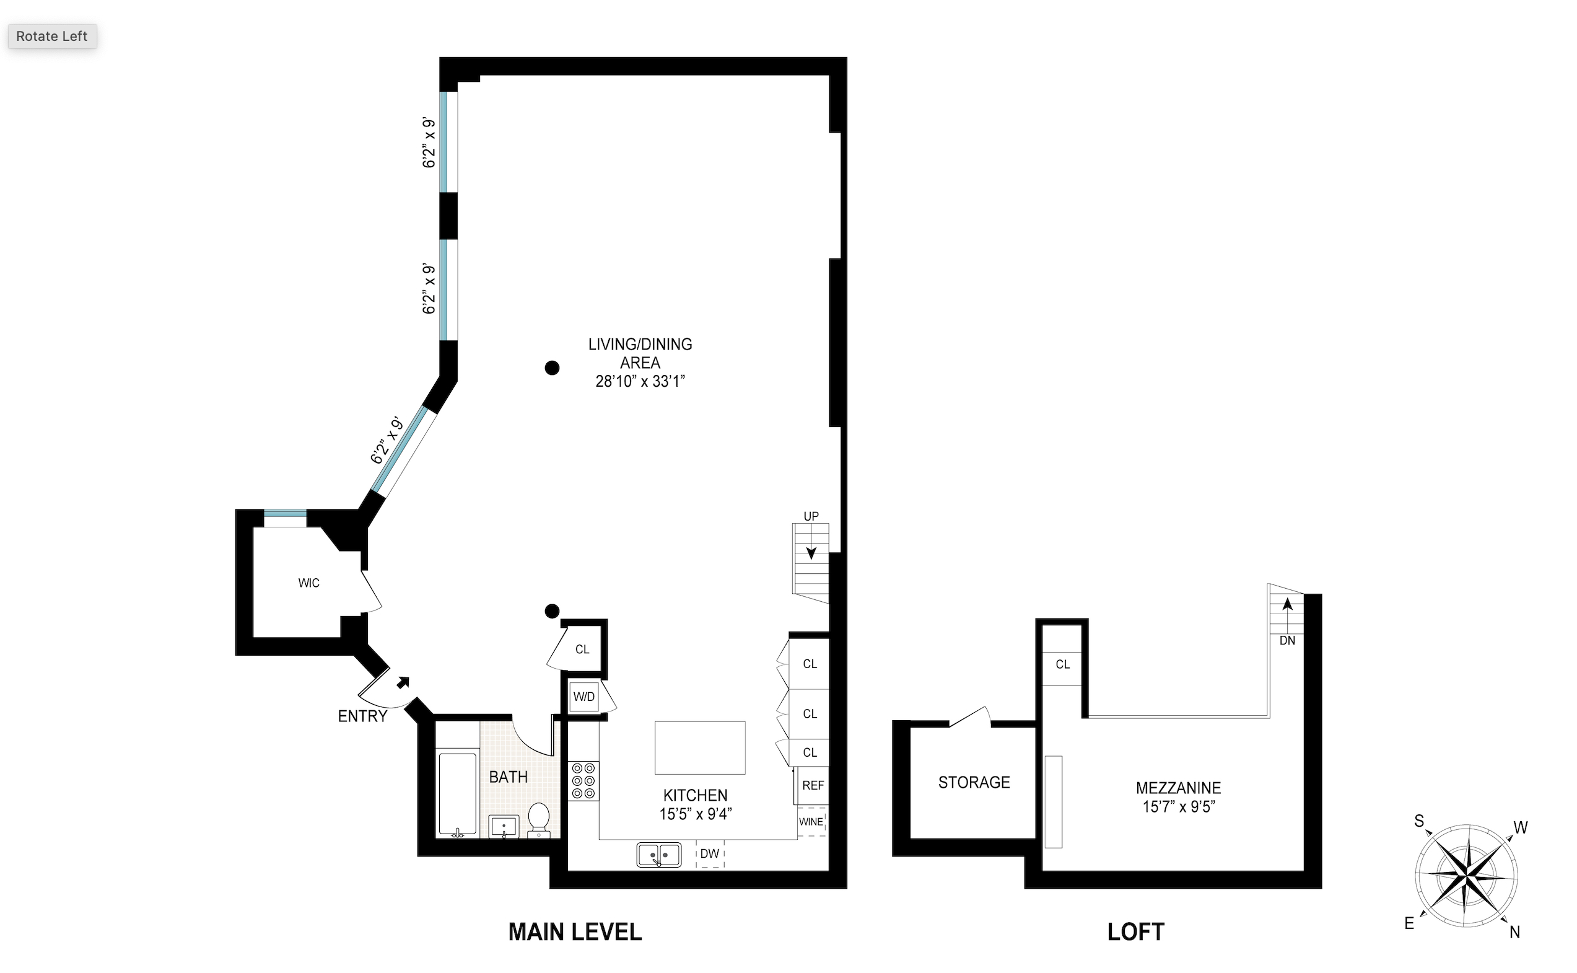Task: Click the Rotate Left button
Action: coord(52,36)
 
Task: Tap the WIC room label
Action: coord(308,583)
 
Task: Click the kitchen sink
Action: coord(658,855)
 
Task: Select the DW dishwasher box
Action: coord(710,854)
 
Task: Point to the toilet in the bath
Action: coord(538,820)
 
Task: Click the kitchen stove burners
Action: coord(583,781)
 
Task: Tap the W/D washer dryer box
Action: coord(584,697)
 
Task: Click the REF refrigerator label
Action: coord(813,786)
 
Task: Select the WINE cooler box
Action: coord(811,822)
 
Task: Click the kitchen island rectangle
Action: coord(700,747)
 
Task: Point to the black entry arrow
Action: coord(403,683)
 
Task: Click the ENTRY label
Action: coord(363,716)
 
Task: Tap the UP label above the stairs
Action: coord(811,516)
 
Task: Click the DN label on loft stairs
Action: coord(1287,640)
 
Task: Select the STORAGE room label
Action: coord(974,783)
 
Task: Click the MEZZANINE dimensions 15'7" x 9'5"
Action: coord(1178,807)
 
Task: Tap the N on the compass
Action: coord(1514,932)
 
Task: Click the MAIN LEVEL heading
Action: coord(575,932)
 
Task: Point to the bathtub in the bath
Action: coord(457,794)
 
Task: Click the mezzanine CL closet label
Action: coord(1062,664)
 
